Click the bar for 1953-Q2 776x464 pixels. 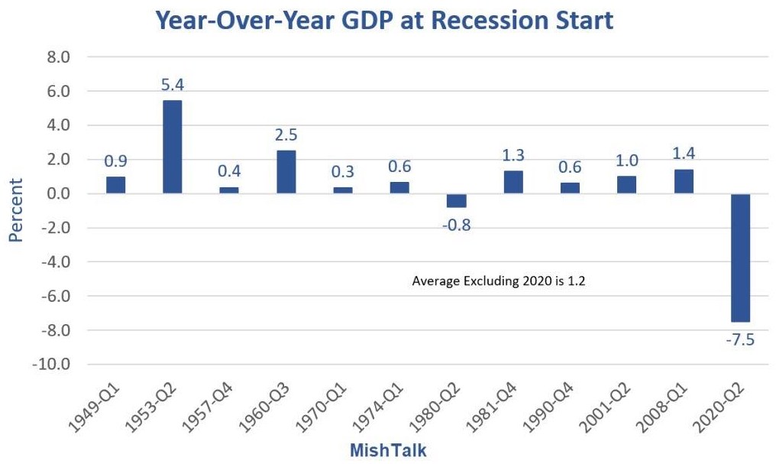(x=173, y=147)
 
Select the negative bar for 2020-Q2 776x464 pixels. (x=740, y=258)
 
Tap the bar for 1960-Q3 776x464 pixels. (x=286, y=172)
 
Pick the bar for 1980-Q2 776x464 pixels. (x=457, y=200)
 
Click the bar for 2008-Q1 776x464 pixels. (x=684, y=181)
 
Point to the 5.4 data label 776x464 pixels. (x=173, y=85)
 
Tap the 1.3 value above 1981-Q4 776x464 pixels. (x=513, y=156)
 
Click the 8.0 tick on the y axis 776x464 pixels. (x=58, y=57)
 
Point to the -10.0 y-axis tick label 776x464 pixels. (x=53, y=365)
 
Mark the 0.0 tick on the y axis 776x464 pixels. (x=58, y=194)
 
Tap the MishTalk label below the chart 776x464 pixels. (x=388, y=450)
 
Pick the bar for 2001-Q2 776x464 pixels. (x=626, y=185)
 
